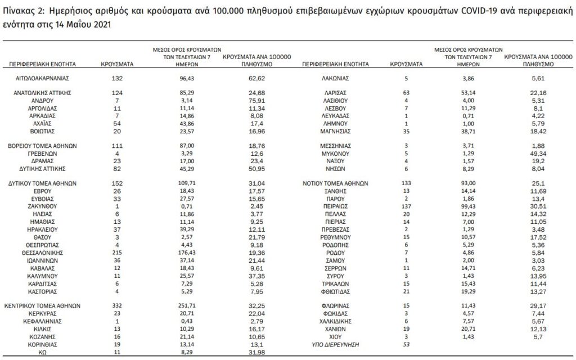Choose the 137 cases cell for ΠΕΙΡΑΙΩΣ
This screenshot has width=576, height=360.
point(406,206)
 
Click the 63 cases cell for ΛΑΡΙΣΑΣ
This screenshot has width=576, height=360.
point(406,92)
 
